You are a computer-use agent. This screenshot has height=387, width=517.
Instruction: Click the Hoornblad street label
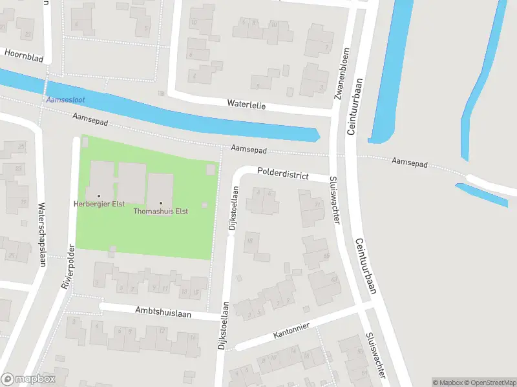[x=24, y=58]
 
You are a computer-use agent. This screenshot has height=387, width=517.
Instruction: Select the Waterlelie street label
[x=246, y=103]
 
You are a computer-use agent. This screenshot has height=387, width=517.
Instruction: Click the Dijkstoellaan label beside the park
[x=234, y=208]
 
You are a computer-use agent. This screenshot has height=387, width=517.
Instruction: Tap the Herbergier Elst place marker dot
[x=99, y=195]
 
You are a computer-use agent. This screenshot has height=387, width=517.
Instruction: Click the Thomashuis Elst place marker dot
[x=160, y=203]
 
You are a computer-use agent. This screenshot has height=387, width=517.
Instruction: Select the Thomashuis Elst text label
[x=160, y=212]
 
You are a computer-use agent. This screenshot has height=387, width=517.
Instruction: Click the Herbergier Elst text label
[x=98, y=204]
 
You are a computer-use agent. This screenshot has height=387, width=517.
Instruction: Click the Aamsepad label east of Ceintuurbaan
[x=410, y=164]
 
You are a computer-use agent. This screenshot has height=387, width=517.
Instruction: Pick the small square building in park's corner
[x=211, y=169]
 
